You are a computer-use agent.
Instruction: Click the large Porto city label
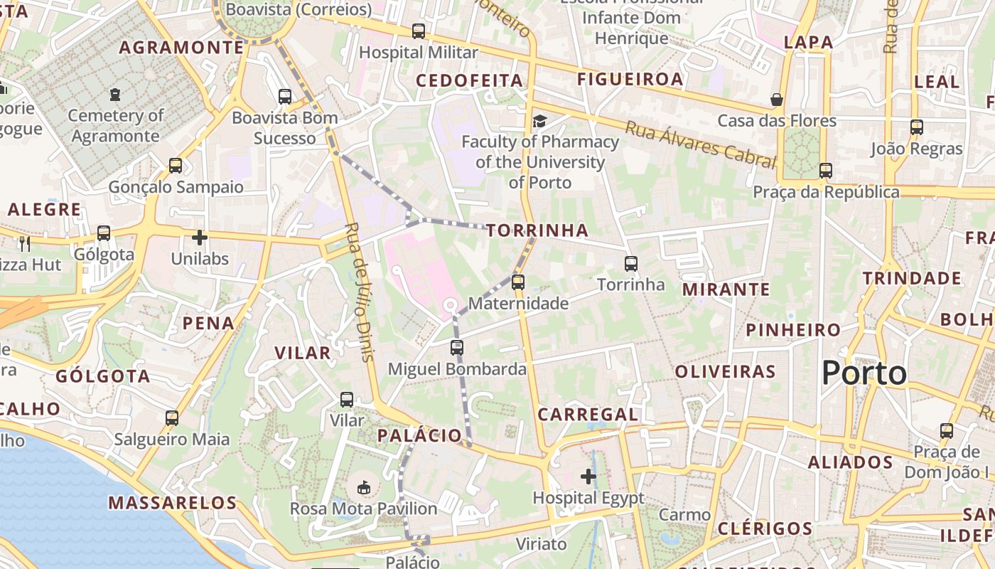(x=865, y=373)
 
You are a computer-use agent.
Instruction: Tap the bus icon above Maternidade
(x=517, y=282)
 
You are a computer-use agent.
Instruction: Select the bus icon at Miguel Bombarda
(x=457, y=348)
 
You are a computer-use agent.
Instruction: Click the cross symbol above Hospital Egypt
(x=588, y=476)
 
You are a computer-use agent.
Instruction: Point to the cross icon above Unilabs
(x=200, y=237)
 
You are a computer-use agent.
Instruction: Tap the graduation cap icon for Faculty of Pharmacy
(x=540, y=120)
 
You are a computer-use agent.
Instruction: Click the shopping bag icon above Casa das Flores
(x=777, y=99)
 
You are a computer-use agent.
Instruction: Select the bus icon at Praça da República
(x=825, y=171)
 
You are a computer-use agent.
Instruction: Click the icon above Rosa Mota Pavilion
(x=364, y=487)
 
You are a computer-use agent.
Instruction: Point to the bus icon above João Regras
(x=917, y=127)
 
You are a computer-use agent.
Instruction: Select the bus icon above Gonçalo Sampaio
(x=176, y=166)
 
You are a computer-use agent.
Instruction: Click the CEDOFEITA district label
(x=470, y=80)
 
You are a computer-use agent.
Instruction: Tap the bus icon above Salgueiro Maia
(x=172, y=418)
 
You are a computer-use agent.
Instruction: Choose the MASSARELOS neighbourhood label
(x=172, y=503)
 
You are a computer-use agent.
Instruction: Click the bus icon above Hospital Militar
(x=419, y=31)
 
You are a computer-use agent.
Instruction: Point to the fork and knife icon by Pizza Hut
(x=25, y=243)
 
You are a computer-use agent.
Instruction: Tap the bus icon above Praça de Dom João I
(x=946, y=430)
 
